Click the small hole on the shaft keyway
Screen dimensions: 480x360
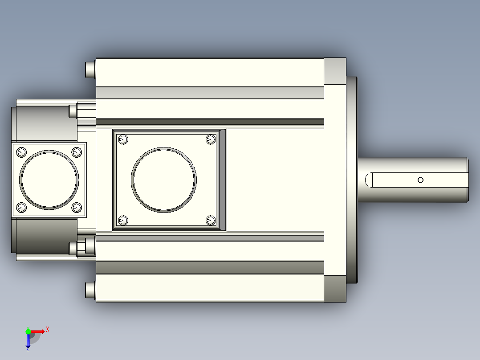(x=420, y=180)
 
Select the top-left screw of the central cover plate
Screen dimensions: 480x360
(x=123, y=140)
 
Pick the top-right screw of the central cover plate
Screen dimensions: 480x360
(x=211, y=140)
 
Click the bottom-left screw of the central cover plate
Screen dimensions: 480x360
(x=123, y=220)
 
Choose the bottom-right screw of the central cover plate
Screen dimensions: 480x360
(x=211, y=220)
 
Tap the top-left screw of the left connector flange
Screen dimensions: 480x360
(x=21, y=152)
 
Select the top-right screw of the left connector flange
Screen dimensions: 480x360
(x=77, y=152)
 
